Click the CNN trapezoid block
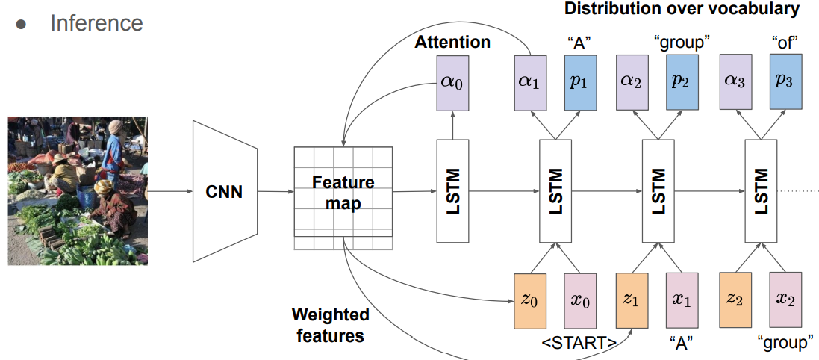[x=225, y=191]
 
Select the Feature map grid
[x=343, y=193]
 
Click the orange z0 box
[x=530, y=300]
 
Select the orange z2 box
[x=735, y=300]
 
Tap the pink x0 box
[x=580, y=300]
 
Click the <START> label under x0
[x=579, y=344]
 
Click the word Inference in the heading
[x=96, y=23]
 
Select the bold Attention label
[x=452, y=42]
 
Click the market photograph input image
[x=78, y=190]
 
